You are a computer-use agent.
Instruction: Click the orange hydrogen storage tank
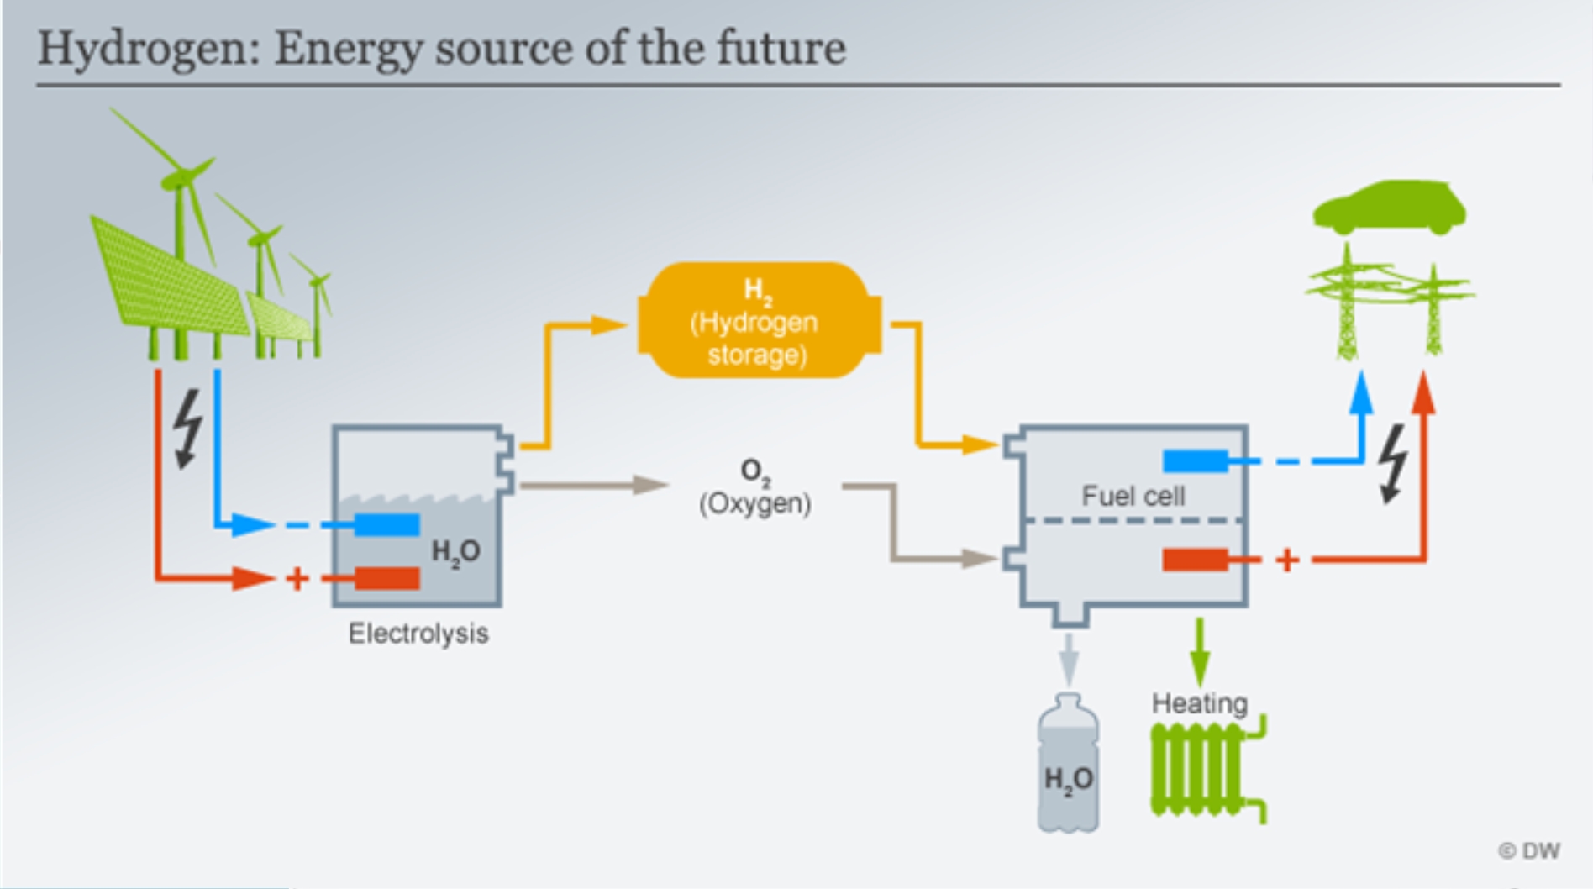760,320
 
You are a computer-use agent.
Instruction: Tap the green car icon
1390,207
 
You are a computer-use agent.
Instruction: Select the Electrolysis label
418,633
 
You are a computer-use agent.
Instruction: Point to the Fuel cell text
1133,496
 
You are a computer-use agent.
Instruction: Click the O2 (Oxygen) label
755,487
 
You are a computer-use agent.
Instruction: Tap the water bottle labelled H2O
1068,763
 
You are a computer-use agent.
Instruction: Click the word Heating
1199,702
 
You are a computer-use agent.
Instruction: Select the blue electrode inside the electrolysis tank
386,525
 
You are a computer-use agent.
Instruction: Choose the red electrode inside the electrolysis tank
386,578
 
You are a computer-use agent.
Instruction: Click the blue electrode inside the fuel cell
1195,460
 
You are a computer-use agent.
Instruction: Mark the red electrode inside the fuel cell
1195,560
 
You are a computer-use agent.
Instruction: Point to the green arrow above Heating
1200,652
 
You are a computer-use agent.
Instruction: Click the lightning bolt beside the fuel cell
1394,464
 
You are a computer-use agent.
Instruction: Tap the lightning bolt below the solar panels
188,428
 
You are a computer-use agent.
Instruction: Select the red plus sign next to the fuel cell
1287,560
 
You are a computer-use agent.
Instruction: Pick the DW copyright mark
1529,850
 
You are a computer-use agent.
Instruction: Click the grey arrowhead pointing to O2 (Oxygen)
649,485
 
